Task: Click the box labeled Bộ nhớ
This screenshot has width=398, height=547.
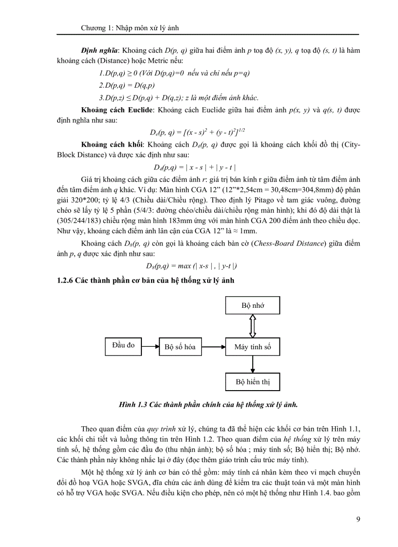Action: [252, 306]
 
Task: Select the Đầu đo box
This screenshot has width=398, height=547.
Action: [123, 345]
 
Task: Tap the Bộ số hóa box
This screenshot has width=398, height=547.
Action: [180, 347]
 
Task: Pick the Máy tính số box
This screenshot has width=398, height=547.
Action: [252, 347]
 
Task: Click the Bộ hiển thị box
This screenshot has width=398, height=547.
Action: [252, 382]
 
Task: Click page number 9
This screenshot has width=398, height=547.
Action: [358, 519]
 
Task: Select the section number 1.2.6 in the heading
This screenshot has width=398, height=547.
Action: [67, 281]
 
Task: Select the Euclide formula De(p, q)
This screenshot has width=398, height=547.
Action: [197, 132]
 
